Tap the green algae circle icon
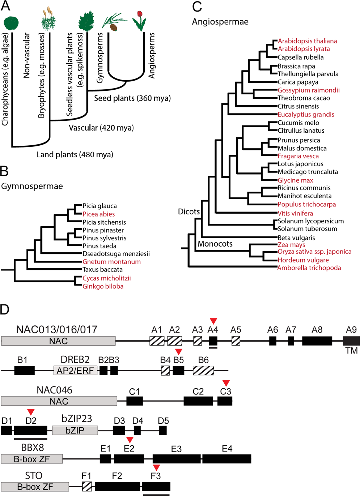13,23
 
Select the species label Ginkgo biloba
103,286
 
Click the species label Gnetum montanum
111,262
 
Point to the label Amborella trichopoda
309,268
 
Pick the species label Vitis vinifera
295,213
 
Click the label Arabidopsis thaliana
307,41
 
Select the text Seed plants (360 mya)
132,98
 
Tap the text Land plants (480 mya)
75,155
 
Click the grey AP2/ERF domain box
75,370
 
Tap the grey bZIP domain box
75,430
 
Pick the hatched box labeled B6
203,370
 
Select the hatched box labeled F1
87,486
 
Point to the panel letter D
5,310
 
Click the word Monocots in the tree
215,244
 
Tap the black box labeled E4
227,459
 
